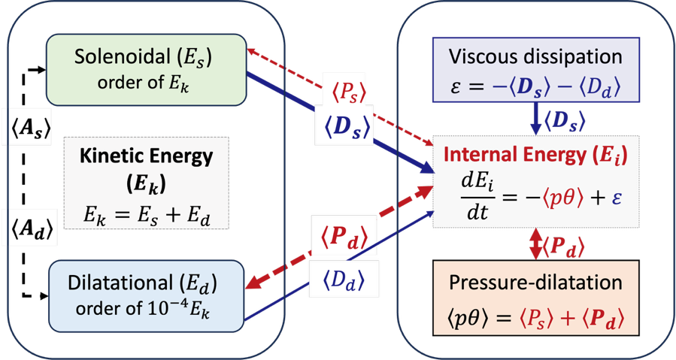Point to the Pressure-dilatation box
click(535, 298)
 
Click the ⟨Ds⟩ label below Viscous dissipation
click(562, 119)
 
